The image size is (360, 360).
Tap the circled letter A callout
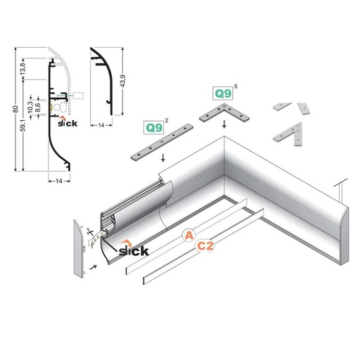coord(188,235)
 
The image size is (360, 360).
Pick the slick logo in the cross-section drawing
coord(67,125)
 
